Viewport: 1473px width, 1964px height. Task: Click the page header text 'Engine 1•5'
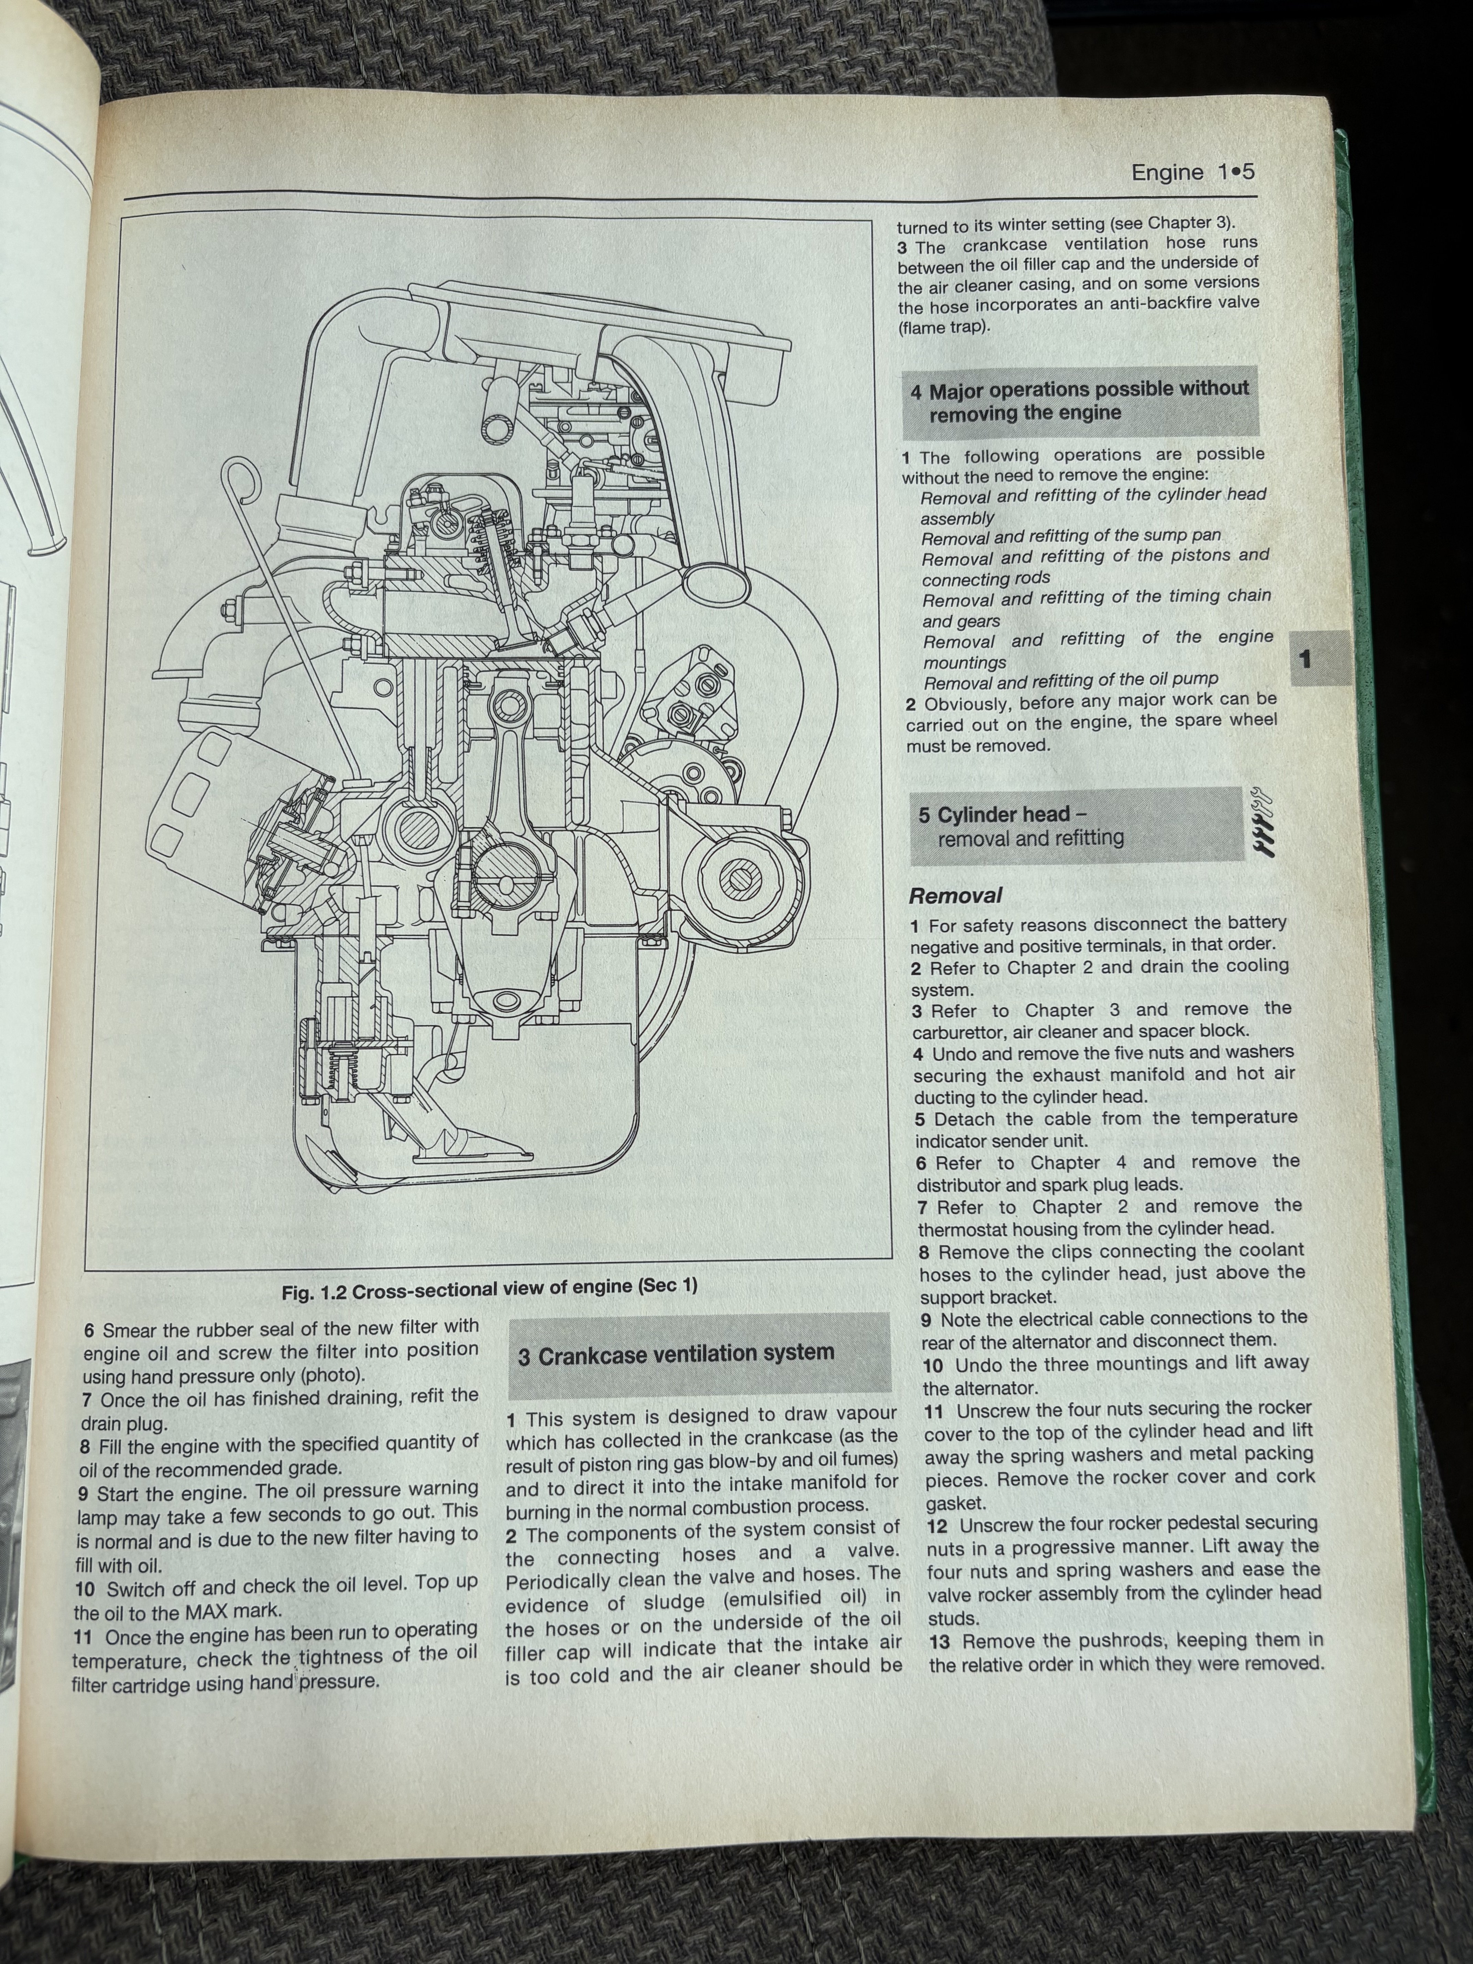tap(1192, 172)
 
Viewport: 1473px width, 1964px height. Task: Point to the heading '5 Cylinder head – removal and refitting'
tap(1030, 826)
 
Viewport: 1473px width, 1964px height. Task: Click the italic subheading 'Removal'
tap(956, 895)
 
